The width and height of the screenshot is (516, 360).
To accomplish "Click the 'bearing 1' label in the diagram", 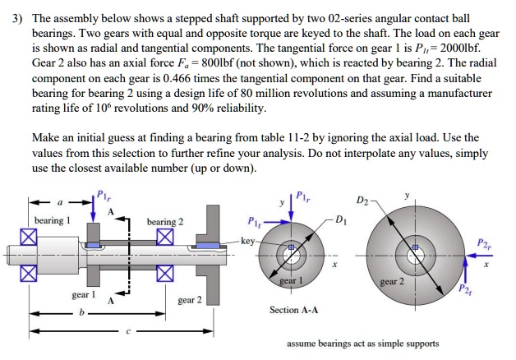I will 53,222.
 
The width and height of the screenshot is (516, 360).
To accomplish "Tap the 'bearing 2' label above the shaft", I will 165,222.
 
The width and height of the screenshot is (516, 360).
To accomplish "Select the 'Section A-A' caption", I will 294,310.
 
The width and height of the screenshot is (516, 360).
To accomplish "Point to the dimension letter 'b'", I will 81,312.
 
